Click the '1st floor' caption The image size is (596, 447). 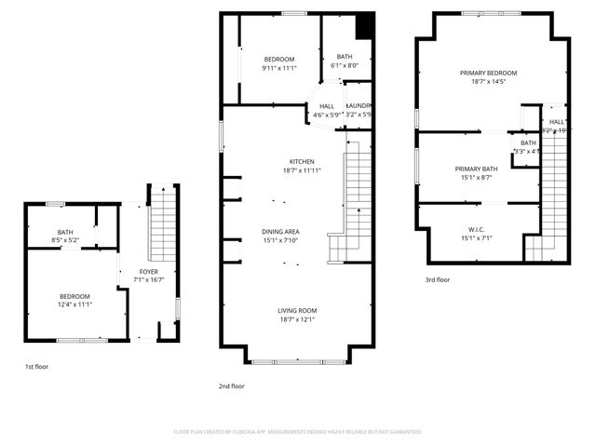point(36,367)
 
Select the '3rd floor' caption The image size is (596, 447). point(438,279)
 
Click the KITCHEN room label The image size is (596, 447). point(302,161)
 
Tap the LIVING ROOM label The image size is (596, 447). point(297,310)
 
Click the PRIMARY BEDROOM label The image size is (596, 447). point(488,73)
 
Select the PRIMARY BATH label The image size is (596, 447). point(476,169)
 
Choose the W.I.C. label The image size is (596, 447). point(476,228)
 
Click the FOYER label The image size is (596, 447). point(149,271)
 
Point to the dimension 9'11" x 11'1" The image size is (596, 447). point(278,68)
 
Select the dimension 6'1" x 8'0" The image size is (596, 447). point(345,66)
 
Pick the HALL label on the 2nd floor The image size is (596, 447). point(327,106)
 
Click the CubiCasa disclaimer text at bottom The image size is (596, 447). point(298,432)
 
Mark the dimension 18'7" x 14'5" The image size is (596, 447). point(488,82)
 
